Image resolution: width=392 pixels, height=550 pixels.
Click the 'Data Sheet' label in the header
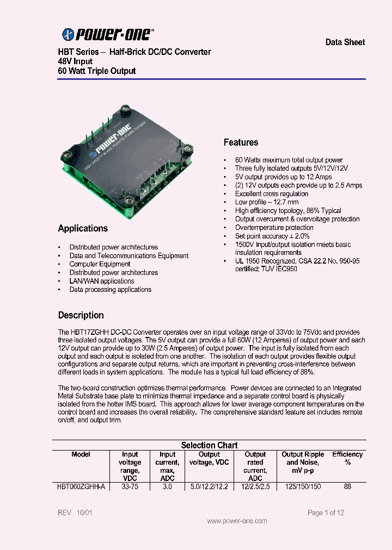[345, 42]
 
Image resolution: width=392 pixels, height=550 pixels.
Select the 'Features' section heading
[241, 142]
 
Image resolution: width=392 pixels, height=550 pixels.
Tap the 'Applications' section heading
[83, 228]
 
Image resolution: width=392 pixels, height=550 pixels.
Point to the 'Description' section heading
[81, 315]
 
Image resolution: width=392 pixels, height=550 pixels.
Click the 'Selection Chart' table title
[209, 445]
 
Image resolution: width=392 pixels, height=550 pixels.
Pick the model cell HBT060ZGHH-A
[81, 487]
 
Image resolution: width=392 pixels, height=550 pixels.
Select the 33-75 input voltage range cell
[130, 487]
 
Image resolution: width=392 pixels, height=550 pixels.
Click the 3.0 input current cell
[167, 487]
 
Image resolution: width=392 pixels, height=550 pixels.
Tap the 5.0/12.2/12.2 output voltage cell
[209, 487]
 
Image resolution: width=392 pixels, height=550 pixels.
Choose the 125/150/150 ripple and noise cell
[302, 487]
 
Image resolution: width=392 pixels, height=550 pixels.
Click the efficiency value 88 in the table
[347, 487]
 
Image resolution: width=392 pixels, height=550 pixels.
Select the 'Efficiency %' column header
[347, 458]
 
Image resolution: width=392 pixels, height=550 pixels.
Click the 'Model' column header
[81, 454]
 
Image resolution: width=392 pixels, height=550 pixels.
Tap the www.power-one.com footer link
[237, 521]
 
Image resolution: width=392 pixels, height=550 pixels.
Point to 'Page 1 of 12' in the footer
[326, 512]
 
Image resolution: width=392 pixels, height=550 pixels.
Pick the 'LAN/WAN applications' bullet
[102, 281]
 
